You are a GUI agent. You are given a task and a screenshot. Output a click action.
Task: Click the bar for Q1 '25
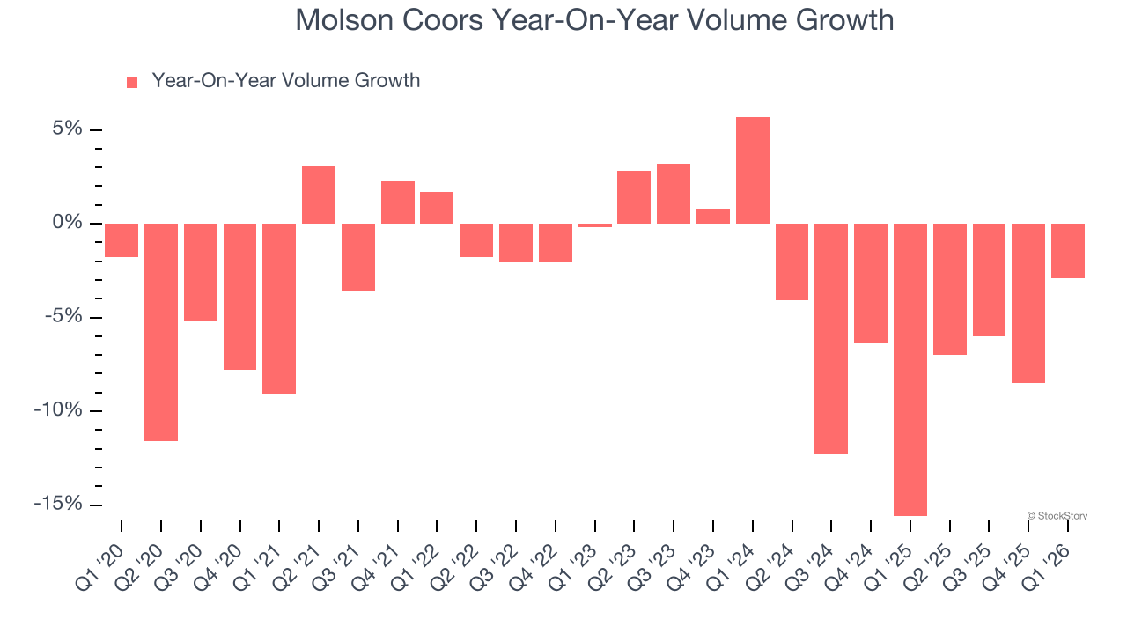click(x=910, y=369)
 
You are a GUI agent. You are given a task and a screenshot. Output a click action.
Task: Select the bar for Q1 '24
click(x=753, y=170)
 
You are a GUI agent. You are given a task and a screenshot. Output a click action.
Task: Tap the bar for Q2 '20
click(x=161, y=332)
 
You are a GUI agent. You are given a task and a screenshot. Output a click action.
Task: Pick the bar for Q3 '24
click(x=831, y=338)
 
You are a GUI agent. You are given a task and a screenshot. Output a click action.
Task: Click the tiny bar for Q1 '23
click(x=595, y=225)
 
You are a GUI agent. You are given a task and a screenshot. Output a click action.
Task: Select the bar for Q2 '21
click(x=319, y=195)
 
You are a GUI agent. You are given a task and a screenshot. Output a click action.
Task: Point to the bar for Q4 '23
click(x=713, y=216)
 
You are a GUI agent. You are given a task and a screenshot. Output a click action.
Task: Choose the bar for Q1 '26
click(x=1068, y=251)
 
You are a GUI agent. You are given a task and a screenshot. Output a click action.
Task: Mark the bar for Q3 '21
click(x=358, y=257)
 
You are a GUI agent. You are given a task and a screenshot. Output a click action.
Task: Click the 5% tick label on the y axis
click(x=67, y=129)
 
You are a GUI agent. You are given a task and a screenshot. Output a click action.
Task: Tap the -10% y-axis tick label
click(x=58, y=411)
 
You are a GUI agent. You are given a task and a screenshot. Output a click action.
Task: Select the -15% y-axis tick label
click(x=58, y=505)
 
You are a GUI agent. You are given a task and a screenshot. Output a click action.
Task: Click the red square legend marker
click(x=132, y=82)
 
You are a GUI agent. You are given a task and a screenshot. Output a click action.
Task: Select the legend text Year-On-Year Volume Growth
click(x=285, y=81)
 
